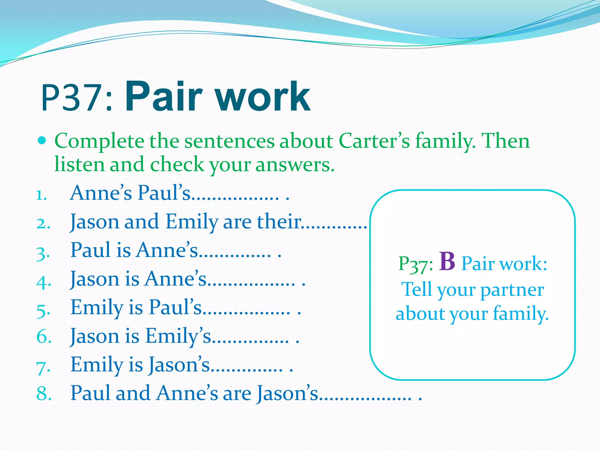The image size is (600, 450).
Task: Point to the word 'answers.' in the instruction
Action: click(295, 164)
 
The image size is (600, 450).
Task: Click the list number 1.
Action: click(41, 195)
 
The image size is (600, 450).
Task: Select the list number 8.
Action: click(44, 393)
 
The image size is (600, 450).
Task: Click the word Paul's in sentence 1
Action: click(164, 193)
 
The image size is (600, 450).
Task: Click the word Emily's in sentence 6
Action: click(178, 336)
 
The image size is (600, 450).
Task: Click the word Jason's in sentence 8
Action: click(287, 393)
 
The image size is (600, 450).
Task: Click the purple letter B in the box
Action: click(447, 262)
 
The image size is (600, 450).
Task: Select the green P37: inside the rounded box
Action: click(415, 264)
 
